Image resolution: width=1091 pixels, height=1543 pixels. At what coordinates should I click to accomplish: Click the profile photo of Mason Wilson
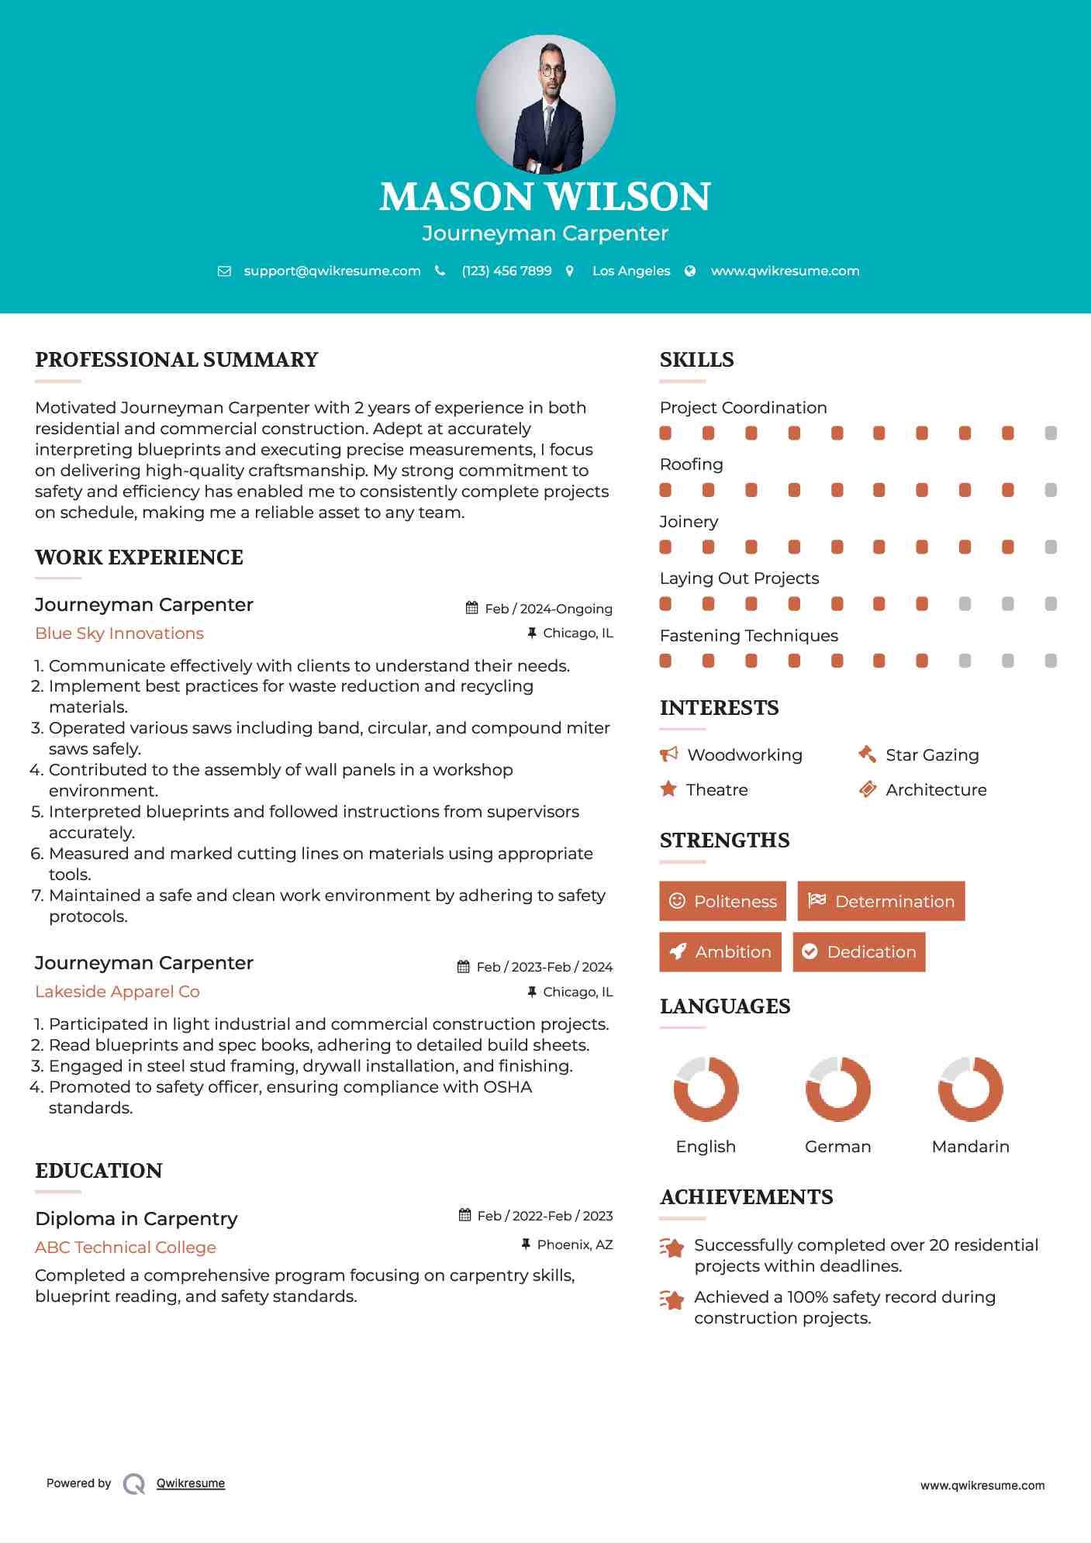point(545,104)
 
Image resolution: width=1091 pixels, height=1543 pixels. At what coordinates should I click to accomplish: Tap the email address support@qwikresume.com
point(332,271)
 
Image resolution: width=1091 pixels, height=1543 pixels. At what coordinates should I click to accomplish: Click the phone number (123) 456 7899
point(506,271)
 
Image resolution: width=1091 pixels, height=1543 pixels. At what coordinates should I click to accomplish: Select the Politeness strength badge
point(722,901)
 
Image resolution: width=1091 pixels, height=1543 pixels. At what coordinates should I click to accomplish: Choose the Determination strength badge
point(881,901)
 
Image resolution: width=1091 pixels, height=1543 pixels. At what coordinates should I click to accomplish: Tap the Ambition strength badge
point(720,952)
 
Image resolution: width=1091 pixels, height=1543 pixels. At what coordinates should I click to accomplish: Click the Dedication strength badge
point(858,952)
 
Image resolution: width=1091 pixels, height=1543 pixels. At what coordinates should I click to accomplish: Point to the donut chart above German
point(837,1089)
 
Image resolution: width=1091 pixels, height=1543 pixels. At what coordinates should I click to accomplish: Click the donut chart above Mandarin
point(970,1089)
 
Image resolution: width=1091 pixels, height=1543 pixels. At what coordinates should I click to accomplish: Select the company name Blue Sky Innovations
point(119,633)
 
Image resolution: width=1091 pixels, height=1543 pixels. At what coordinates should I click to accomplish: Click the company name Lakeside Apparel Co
point(117,992)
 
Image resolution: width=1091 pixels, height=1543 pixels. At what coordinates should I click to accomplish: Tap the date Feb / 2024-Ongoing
point(548,609)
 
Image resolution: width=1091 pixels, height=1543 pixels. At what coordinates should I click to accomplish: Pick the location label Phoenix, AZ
point(575,1244)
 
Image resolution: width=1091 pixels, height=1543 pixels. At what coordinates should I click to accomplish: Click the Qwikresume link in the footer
point(191,1483)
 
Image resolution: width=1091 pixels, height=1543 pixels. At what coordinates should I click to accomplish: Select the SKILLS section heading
point(696,360)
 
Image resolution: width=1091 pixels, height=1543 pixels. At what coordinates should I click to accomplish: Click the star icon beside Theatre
point(668,789)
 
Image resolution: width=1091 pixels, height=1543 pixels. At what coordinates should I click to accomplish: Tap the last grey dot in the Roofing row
point(1051,490)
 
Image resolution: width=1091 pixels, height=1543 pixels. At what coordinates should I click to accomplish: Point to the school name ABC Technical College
point(126,1248)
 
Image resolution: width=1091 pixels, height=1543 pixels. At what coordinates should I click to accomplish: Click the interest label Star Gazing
point(932,755)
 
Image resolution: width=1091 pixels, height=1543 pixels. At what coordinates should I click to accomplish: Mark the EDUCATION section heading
point(98,1171)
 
